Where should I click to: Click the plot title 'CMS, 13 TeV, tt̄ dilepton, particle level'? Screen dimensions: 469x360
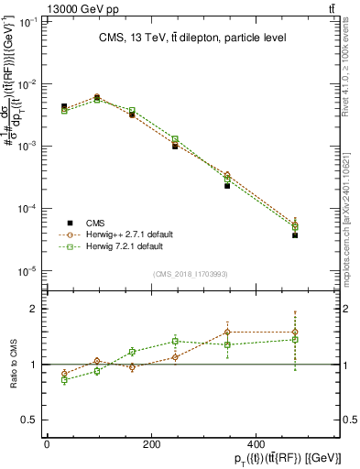(x=192, y=38)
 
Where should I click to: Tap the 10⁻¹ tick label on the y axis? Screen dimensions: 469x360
(x=29, y=22)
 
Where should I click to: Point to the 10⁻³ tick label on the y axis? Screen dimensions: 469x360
(x=29, y=147)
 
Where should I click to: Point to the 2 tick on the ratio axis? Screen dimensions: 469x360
(x=36, y=310)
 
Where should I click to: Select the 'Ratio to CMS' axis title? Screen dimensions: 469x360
(x=12, y=364)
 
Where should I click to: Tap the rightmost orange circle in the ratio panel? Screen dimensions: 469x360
(x=295, y=332)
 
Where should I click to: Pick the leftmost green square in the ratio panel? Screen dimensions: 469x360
(x=64, y=379)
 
